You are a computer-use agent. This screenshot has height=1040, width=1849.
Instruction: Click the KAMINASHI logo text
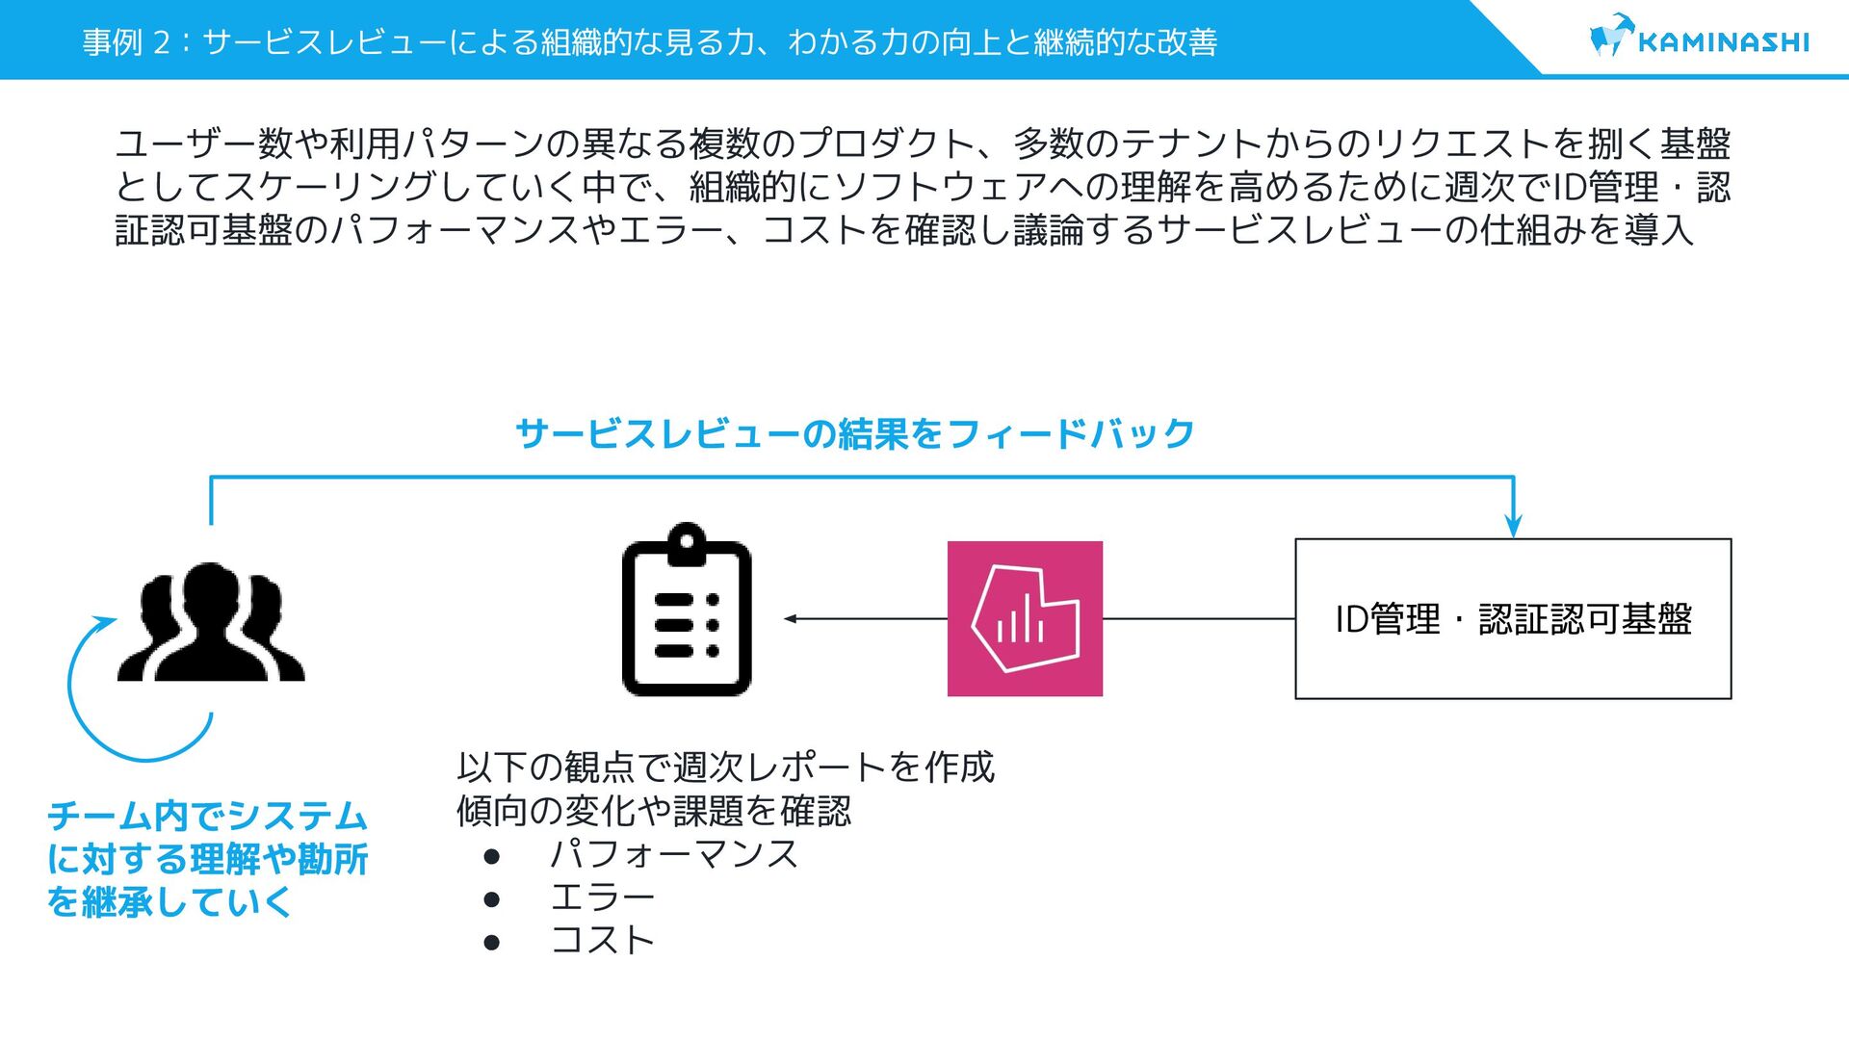pyautogui.click(x=1723, y=42)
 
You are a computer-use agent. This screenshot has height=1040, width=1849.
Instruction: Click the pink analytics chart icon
pyautogui.click(x=1025, y=618)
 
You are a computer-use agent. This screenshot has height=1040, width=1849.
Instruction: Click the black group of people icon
pyautogui.click(x=211, y=623)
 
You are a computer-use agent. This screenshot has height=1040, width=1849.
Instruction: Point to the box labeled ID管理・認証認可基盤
pyautogui.click(x=1513, y=618)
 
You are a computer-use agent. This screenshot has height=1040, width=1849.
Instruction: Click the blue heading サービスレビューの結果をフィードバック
pyautogui.click(x=855, y=434)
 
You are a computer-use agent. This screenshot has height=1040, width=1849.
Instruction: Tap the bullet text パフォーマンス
pyautogui.click(x=673, y=854)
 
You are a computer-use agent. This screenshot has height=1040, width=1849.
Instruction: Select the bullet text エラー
pyautogui.click(x=602, y=897)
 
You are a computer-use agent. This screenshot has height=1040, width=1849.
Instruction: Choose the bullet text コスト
pyautogui.click(x=602, y=940)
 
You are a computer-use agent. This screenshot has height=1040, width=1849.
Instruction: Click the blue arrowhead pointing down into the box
pyautogui.click(x=1513, y=526)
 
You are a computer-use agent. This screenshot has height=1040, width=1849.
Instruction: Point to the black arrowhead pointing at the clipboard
pyautogui.click(x=791, y=618)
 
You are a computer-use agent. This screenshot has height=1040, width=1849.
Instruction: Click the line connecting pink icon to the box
pyautogui.click(x=1199, y=618)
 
